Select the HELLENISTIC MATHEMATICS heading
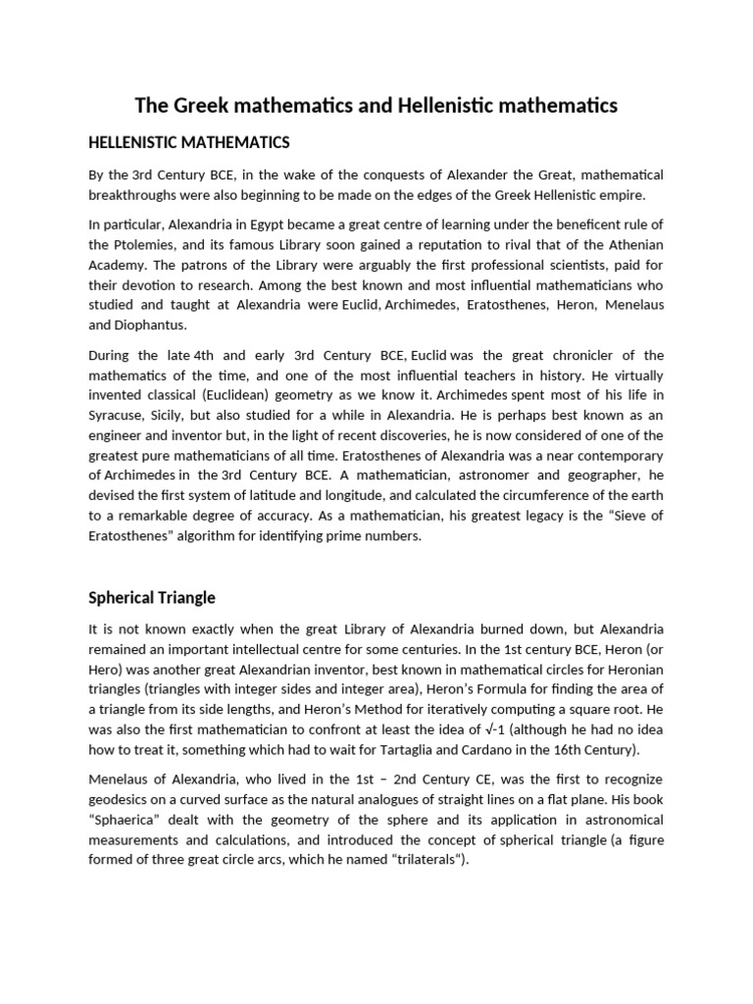189,143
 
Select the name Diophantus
151,325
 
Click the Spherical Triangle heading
152,597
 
